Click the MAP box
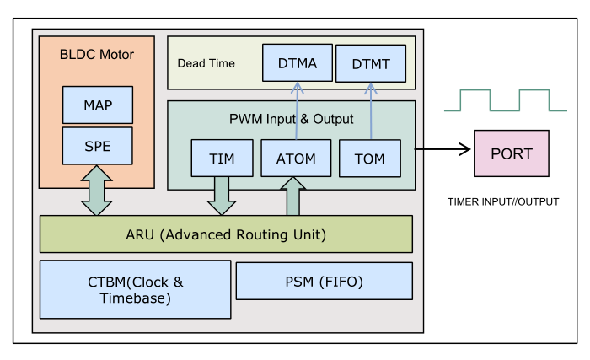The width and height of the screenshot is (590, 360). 98,105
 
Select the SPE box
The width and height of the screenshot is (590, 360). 98,145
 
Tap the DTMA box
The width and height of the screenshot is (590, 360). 296,63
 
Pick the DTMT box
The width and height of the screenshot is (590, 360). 369,64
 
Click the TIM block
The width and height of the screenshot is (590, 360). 220,159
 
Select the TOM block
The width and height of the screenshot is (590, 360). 369,159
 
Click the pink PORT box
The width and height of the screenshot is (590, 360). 512,153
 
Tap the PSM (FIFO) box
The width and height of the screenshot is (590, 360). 324,281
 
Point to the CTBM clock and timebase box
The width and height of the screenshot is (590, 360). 135,289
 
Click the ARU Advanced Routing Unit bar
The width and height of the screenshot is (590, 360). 226,234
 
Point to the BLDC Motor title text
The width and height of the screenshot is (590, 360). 97,55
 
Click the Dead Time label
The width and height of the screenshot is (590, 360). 206,63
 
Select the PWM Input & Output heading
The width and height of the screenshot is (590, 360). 292,119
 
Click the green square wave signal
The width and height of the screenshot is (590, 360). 506,100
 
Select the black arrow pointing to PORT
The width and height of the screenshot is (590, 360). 442,150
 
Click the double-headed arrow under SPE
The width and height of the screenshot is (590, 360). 97,191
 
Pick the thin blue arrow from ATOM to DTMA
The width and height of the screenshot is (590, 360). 296,110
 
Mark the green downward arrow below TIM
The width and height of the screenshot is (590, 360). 221,196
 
